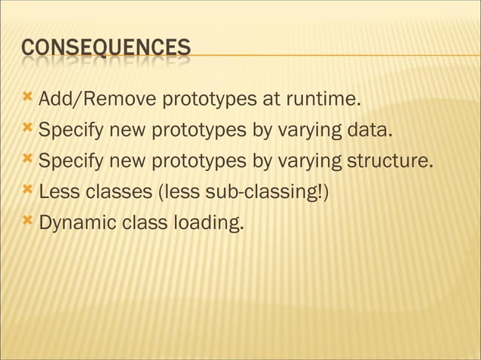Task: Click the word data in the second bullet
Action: (x=370, y=131)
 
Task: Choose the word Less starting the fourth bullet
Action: (x=57, y=193)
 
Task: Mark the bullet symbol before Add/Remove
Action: (x=28, y=99)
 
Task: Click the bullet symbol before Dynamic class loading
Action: (x=28, y=223)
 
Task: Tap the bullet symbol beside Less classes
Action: (x=28, y=192)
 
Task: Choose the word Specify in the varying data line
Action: (x=72, y=131)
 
